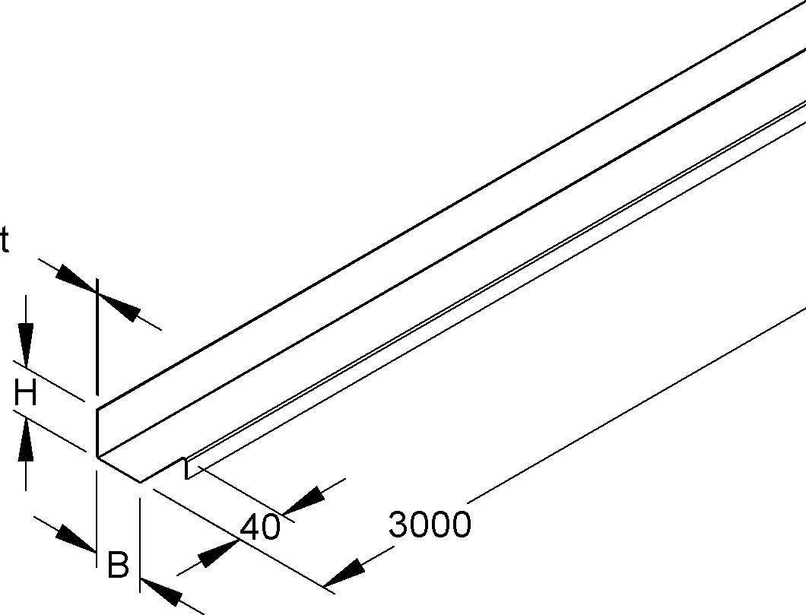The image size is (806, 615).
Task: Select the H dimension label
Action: click(x=25, y=394)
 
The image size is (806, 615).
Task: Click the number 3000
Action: click(x=430, y=524)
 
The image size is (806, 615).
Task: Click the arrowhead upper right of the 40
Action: click(x=304, y=500)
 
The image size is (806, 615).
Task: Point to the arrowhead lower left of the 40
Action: click(x=218, y=553)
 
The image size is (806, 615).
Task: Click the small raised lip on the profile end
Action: click(x=185, y=467)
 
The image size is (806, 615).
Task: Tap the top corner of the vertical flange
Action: click(x=97, y=410)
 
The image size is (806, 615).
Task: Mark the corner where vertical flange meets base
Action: click(x=97, y=455)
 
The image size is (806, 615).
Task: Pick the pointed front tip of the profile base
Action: click(x=141, y=482)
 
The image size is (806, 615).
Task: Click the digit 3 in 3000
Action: click(x=398, y=524)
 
